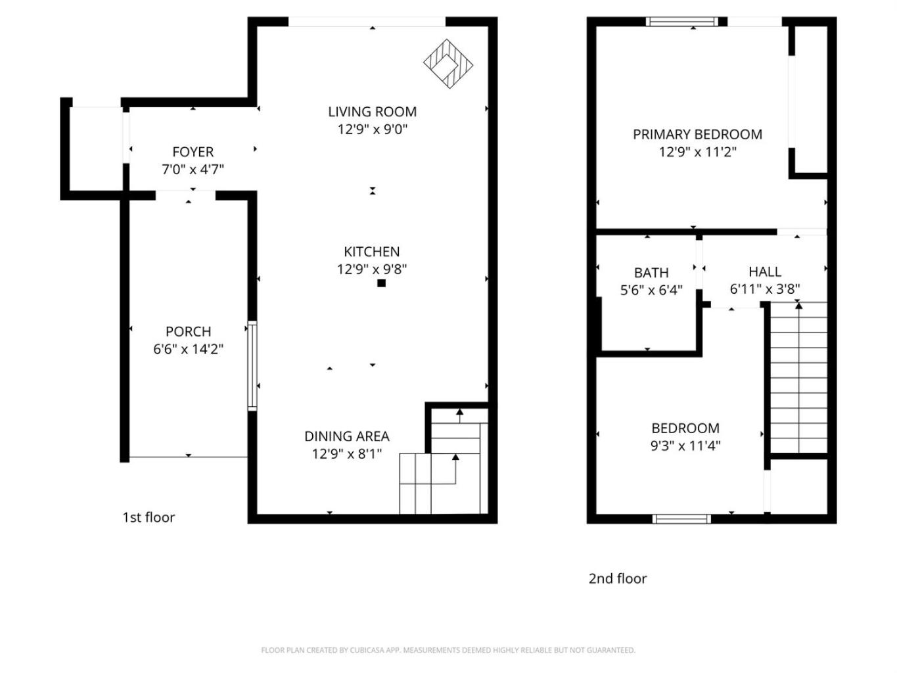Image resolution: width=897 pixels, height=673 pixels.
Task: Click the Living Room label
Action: point(373,112)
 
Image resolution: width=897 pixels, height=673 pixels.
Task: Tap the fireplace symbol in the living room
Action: point(448,64)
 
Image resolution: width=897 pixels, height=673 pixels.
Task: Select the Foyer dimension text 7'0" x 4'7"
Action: point(193,169)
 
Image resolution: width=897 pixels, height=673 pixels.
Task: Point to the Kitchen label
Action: point(372,251)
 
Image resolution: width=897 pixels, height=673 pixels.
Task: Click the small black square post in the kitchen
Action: point(381,283)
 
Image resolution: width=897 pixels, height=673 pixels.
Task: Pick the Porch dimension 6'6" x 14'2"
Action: point(189,349)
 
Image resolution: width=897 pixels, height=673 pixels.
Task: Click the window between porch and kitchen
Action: point(252,365)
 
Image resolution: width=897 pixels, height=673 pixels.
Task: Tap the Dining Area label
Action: point(347,436)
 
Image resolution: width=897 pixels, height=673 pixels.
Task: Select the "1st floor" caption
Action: point(149,517)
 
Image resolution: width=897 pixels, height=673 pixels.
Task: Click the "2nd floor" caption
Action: point(618,578)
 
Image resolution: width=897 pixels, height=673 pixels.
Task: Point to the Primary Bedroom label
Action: point(698,134)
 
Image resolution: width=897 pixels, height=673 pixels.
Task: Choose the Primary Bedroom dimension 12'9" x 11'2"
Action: point(698,152)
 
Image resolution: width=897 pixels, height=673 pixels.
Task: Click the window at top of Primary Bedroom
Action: point(681,21)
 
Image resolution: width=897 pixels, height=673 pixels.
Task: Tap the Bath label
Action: point(651,273)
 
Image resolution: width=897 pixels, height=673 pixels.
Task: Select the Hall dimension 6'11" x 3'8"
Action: point(765,289)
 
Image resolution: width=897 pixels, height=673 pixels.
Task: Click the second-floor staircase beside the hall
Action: point(798,377)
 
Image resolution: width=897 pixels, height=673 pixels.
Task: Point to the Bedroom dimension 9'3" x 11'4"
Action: point(685,446)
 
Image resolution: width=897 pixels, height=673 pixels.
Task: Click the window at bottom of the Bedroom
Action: point(681,519)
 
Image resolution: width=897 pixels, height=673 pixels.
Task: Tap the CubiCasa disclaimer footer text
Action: point(448,650)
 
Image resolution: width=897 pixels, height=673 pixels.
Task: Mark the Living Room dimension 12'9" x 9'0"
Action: point(373,129)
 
